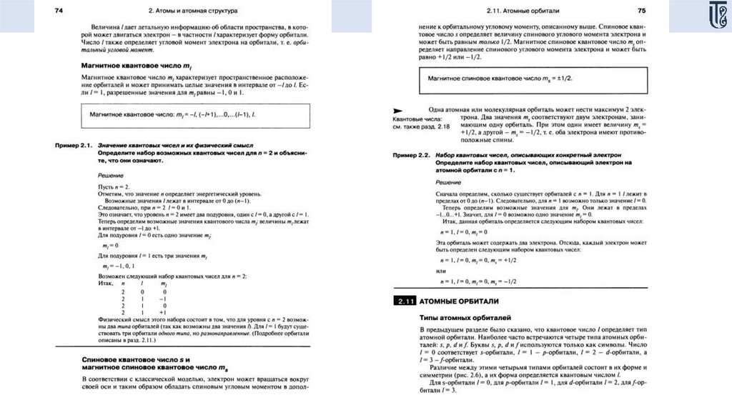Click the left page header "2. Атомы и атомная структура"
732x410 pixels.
[x=194, y=11]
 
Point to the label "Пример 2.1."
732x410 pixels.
[x=74, y=145]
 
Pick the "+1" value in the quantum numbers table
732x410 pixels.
[x=163, y=312]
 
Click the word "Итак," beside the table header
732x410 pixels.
[x=105, y=284]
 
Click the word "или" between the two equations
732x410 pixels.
[x=440, y=271]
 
